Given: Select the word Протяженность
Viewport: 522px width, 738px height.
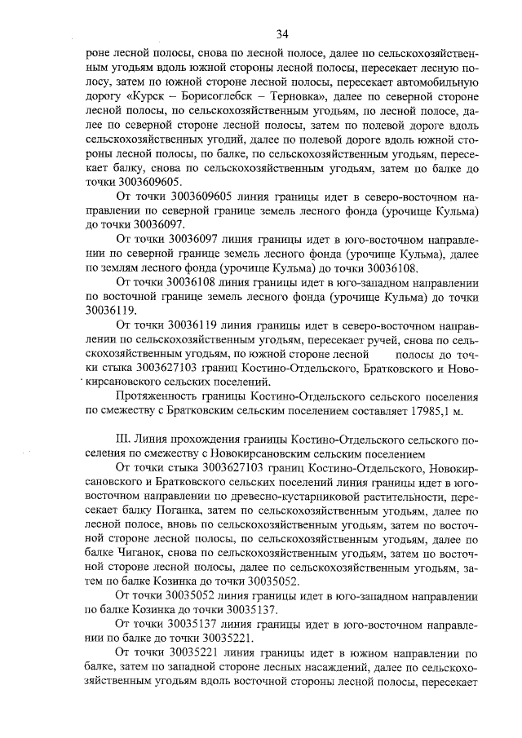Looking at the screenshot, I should (x=164, y=398).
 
